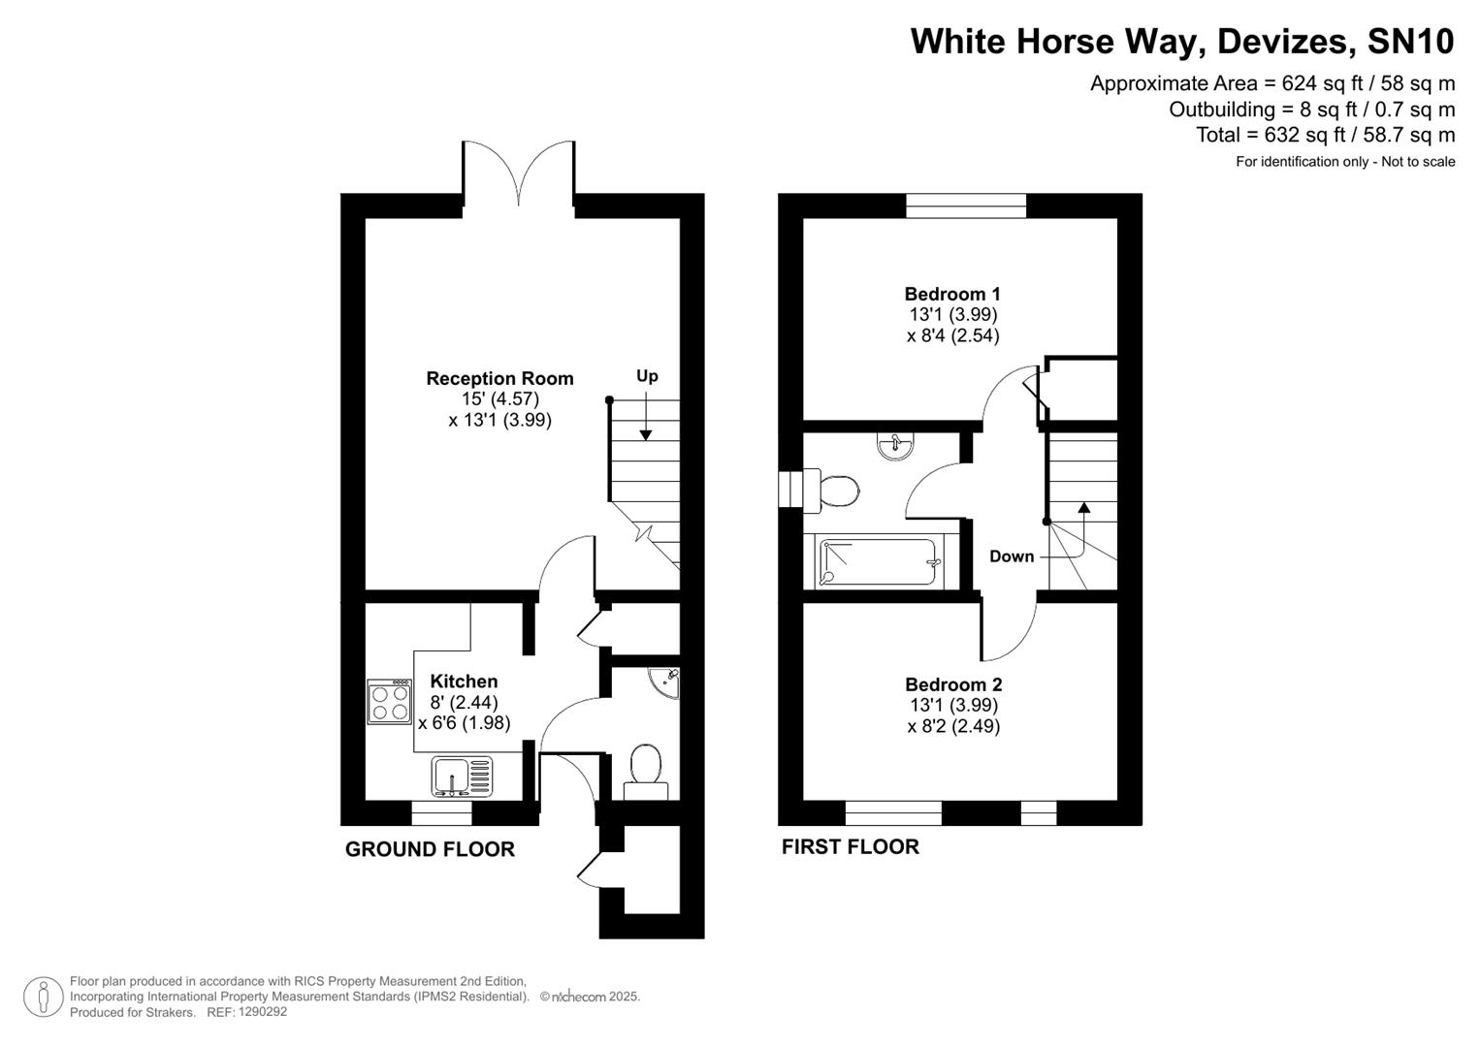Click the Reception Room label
[499, 378]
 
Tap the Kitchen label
[464, 682]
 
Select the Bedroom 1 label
[952, 294]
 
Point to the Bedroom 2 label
[952, 684]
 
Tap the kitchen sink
[462, 777]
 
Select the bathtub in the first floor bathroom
[879, 563]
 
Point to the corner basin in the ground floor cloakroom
[667, 681]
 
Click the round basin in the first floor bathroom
[893, 445]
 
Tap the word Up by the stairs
[647, 376]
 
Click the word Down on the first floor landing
[1012, 556]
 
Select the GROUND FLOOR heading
[430, 849]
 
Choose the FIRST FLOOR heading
[850, 846]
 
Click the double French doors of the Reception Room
[519, 174]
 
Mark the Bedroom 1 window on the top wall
[966, 205]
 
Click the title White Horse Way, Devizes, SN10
[1182, 42]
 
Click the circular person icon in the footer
[43, 997]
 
